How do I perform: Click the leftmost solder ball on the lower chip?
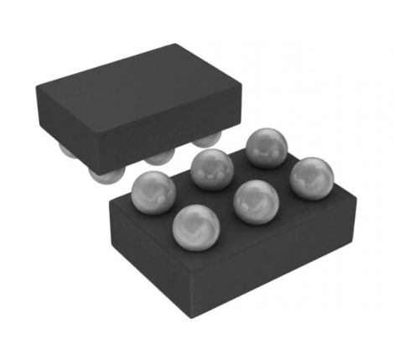point(152,188)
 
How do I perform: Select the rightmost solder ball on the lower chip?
point(311,178)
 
